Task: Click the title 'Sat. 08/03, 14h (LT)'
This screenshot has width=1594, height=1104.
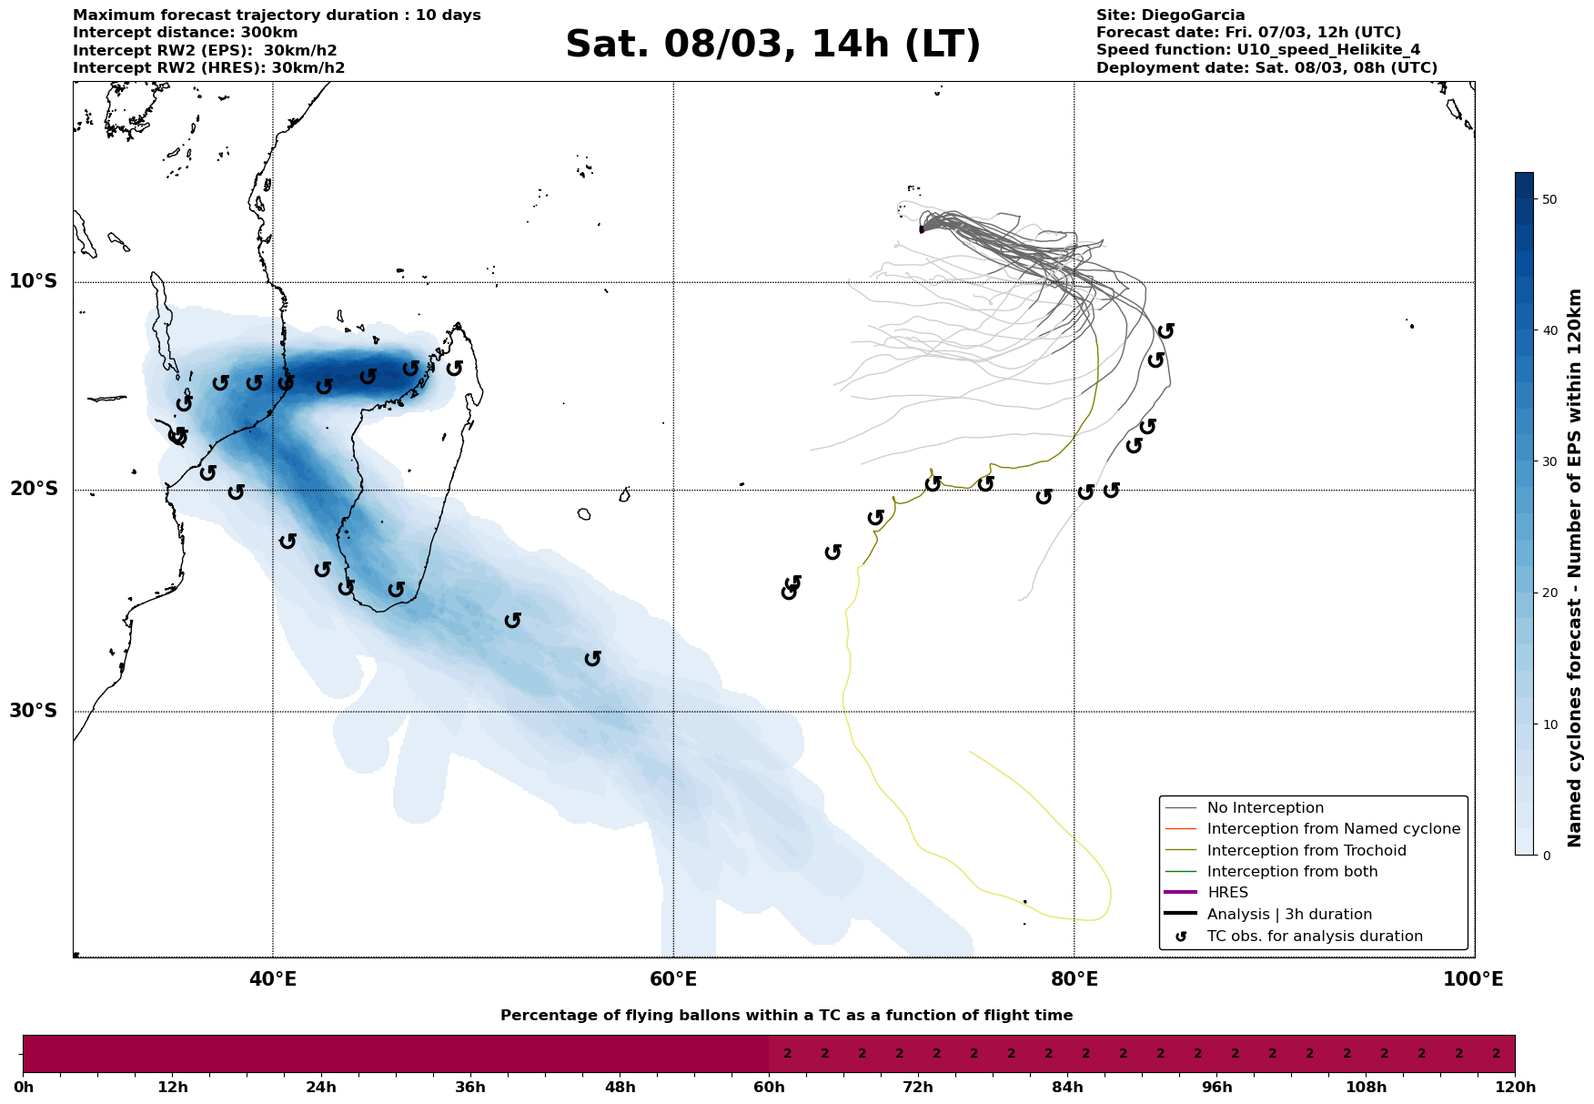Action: pos(772,45)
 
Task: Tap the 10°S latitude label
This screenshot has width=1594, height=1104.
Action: pos(34,281)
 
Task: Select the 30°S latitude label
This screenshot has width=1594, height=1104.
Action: pos(34,711)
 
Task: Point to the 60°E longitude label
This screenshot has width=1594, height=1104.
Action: pos(673,979)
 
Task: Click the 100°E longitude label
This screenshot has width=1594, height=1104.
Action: pos(1474,979)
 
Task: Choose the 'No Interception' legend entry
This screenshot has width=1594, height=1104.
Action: pos(1265,808)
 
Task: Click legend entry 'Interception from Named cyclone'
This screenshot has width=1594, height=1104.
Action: pos(1333,829)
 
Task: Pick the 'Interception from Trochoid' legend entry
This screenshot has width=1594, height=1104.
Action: pos(1306,851)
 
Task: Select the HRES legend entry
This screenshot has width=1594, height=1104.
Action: pos(1227,893)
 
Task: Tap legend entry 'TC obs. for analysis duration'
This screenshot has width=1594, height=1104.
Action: pos(1314,937)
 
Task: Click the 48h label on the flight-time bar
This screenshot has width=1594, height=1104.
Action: pos(620,1088)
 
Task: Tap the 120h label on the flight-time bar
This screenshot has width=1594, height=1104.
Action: pos(1514,1088)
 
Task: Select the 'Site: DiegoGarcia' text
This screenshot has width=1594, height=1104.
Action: pos(1170,15)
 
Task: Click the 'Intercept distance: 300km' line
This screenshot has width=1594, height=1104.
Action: pos(185,33)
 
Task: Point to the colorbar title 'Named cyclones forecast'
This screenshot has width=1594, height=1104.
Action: pos(1575,568)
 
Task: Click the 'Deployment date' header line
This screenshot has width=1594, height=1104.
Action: pos(1266,68)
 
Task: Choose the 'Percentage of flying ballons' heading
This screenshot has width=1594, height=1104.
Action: pos(786,1016)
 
